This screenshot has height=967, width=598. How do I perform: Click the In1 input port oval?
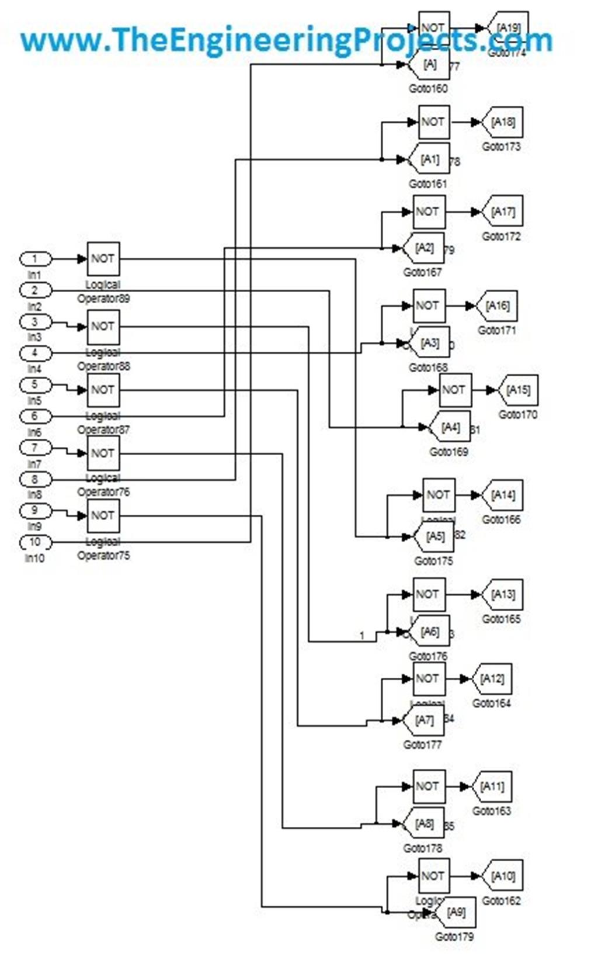tap(35, 259)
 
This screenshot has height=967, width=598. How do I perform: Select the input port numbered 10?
tap(35, 542)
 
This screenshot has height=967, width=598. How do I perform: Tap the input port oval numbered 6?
tap(35, 416)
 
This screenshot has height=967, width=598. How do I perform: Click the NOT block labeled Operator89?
tap(103, 259)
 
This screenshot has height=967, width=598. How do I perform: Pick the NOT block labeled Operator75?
tap(103, 515)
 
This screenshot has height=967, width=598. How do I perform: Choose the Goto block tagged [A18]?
tap(503, 122)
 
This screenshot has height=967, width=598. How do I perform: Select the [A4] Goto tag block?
tap(450, 427)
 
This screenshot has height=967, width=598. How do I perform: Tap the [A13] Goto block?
tap(503, 594)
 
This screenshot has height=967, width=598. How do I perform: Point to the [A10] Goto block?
tap(503, 876)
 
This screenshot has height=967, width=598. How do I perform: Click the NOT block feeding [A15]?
tap(455, 390)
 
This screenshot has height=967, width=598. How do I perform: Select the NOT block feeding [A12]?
tap(429, 679)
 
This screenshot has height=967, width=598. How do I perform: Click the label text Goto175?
tap(433, 561)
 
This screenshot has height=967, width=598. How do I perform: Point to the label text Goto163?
tap(491, 811)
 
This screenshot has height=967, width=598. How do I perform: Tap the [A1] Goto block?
tap(430, 159)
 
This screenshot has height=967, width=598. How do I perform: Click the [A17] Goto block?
tap(503, 212)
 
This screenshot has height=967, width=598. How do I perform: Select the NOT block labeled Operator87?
tap(103, 390)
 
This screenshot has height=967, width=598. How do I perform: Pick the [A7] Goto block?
tap(425, 720)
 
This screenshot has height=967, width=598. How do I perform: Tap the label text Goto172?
tap(500, 237)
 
